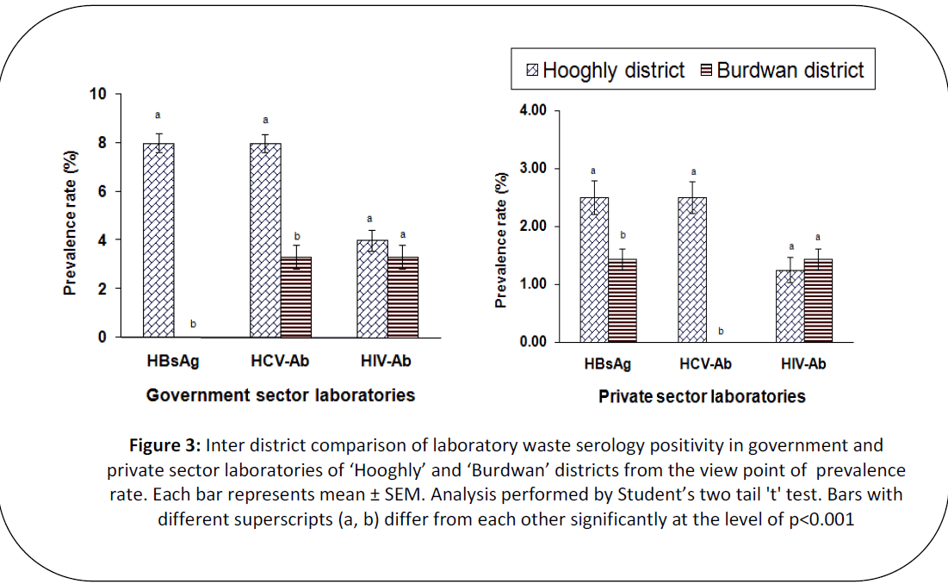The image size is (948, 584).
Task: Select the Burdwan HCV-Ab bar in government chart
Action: click(x=297, y=296)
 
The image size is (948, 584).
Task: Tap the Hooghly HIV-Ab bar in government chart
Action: click(x=373, y=288)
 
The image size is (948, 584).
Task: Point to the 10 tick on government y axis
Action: click(x=99, y=94)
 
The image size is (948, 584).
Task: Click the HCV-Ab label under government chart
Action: click(x=280, y=362)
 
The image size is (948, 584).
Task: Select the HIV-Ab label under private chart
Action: click(x=802, y=364)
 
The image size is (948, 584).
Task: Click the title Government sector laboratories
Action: click(x=281, y=395)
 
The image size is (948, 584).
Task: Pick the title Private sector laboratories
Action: click(x=702, y=397)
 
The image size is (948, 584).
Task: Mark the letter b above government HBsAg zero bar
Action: click(x=193, y=324)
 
